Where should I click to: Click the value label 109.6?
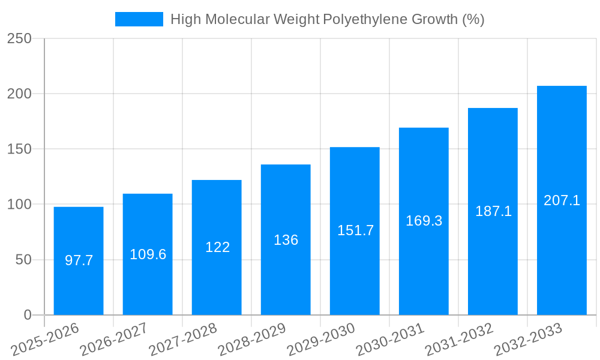[148, 254]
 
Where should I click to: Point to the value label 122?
[217, 247]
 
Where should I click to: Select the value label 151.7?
[355, 230]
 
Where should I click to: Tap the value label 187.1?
[493, 211]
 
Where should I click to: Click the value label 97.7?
[79, 260]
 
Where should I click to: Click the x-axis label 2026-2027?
[114, 340]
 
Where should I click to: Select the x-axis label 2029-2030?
[321, 340]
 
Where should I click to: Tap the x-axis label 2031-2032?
[459, 340]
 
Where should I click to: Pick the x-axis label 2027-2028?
[183, 340]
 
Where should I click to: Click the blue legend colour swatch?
[139, 19]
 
